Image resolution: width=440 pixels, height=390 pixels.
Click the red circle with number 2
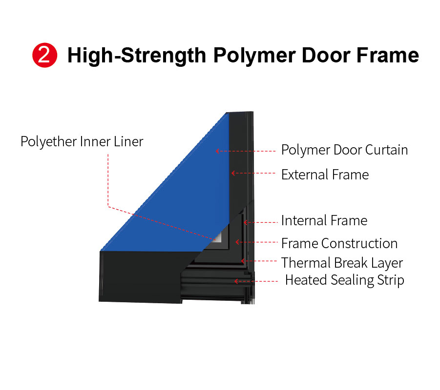click(44, 55)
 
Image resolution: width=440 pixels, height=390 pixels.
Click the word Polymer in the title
click(254, 56)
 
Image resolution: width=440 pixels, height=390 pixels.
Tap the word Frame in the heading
click(388, 55)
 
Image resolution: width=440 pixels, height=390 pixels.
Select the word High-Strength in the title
click(137, 56)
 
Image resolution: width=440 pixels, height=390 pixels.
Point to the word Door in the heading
click(326, 55)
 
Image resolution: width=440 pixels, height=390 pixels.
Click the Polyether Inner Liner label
click(82, 141)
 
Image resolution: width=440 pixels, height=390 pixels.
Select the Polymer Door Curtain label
click(344, 150)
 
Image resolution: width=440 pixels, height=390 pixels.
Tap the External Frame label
click(325, 175)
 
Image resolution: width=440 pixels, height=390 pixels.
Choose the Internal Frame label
click(324, 220)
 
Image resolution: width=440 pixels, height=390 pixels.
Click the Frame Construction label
click(339, 243)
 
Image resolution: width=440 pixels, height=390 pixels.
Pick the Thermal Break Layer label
click(342, 263)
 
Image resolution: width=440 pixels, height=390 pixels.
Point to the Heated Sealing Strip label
click(345, 280)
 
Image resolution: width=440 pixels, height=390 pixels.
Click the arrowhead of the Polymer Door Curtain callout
click(217, 151)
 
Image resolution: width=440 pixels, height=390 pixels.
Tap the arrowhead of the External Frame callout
click(233, 173)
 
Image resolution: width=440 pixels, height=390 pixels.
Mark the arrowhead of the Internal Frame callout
click(245, 222)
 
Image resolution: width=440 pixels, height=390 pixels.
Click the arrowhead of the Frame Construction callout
click(237, 242)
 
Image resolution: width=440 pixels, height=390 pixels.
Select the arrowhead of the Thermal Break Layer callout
click(243, 261)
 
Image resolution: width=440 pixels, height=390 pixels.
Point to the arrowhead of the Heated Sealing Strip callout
click(236, 281)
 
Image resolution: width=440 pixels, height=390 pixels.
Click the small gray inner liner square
click(218, 237)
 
